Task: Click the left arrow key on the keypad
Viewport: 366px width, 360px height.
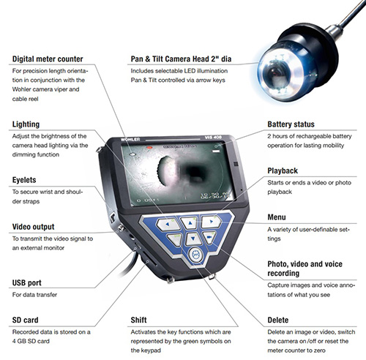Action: (x=168, y=224)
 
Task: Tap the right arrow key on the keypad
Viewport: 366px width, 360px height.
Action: (x=211, y=222)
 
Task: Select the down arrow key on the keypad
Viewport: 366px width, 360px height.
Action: (x=193, y=239)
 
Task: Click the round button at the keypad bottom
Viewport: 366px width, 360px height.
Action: (x=195, y=255)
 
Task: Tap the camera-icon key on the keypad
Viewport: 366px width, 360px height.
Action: (x=209, y=237)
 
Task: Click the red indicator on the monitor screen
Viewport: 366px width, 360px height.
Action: (x=149, y=148)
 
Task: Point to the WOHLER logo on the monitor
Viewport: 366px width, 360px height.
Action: (x=130, y=140)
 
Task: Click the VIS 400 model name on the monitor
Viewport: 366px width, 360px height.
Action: (x=213, y=138)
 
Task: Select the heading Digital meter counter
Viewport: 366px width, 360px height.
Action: (x=48, y=59)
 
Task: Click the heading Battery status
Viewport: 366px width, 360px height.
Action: (x=291, y=124)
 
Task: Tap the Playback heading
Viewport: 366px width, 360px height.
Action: (x=283, y=170)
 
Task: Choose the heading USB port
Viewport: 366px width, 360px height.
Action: (x=27, y=282)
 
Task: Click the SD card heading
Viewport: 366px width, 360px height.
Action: (x=26, y=320)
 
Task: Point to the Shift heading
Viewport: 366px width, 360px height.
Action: (x=138, y=320)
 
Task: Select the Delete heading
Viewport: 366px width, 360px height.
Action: (x=278, y=320)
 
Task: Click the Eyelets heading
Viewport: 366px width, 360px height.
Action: (x=24, y=180)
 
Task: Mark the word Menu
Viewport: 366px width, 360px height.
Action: (x=277, y=217)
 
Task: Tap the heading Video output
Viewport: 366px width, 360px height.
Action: (x=34, y=227)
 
